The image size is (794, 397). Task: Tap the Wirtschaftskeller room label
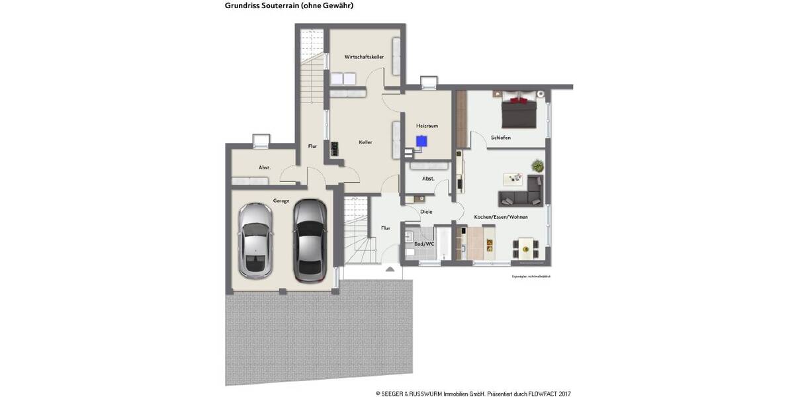363,57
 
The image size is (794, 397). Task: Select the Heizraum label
427,125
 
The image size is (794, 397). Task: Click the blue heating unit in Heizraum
421,140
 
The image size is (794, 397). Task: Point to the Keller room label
365,142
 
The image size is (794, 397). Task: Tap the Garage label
282,200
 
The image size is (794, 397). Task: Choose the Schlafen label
500,138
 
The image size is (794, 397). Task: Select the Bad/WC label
423,243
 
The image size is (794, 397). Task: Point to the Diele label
426,212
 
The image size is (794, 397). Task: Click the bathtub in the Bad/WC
443,243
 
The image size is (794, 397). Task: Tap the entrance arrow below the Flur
390,269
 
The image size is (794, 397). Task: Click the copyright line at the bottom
472,393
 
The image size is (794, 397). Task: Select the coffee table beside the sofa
513,178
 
